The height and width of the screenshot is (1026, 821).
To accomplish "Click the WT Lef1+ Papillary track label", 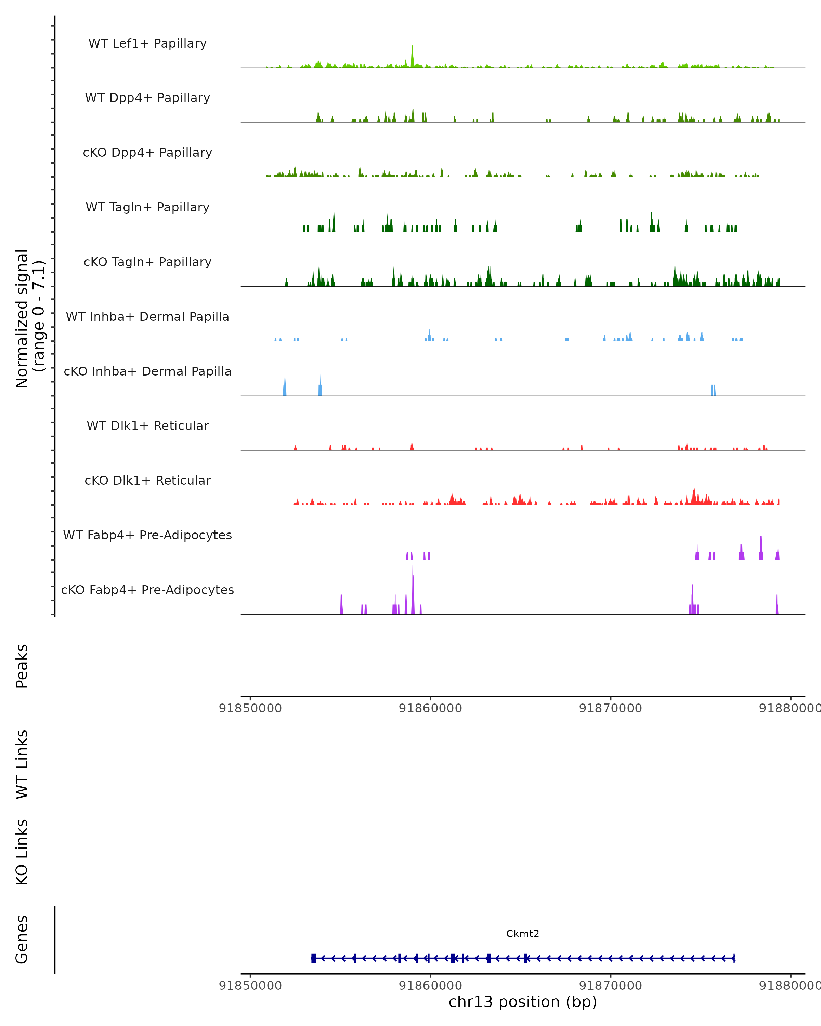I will click(147, 43).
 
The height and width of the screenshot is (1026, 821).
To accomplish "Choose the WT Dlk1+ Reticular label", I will click(147, 425).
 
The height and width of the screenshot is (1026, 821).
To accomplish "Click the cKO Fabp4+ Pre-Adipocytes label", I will click(147, 590).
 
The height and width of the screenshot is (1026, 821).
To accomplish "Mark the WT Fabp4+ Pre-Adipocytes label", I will click(147, 535).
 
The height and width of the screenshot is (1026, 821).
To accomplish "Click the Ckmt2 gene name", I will click(523, 934).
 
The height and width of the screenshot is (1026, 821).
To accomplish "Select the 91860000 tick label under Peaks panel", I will click(430, 708).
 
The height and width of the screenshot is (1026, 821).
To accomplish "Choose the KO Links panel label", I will click(22, 852).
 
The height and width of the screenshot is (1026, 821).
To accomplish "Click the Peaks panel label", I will click(22, 666).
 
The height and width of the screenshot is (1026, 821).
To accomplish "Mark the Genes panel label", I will click(22, 940).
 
